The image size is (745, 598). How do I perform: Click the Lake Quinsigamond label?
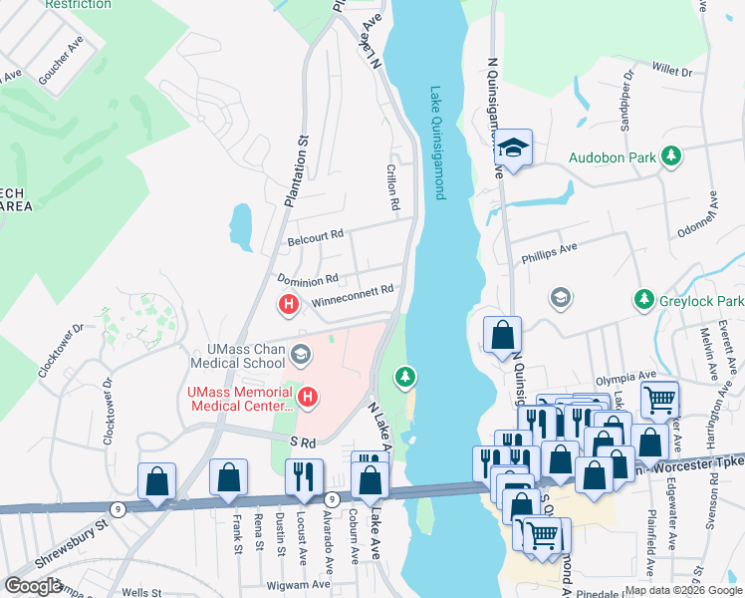[435, 142]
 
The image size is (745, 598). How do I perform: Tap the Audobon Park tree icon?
[673, 156]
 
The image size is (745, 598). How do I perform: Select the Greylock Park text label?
[702, 300]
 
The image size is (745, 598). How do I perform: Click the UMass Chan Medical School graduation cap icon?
[300, 354]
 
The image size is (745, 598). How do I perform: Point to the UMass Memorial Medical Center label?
[240, 399]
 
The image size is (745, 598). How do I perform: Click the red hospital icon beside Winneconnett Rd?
[289, 304]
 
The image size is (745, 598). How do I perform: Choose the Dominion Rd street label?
[308, 280]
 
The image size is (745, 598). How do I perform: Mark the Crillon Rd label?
[393, 187]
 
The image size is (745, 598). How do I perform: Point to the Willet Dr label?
[671, 71]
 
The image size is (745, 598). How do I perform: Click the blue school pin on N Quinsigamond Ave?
[514, 149]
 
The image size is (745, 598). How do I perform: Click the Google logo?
[33, 586]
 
